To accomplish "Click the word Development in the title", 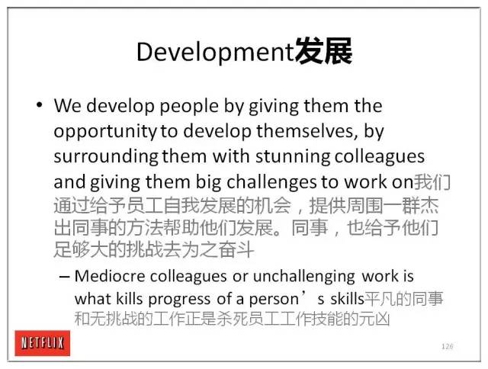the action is pyautogui.click(x=215, y=53).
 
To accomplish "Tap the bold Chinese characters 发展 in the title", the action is pyautogui.click(x=323, y=51).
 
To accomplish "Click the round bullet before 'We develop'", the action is pyautogui.click(x=39, y=105).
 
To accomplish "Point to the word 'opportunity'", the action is pyautogui.click(x=105, y=132).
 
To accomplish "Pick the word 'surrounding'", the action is pyautogui.click(x=106, y=157).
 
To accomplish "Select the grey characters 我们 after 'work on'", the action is pyautogui.click(x=432, y=182).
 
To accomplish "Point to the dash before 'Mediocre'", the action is pyautogui.click(x=64, y=277).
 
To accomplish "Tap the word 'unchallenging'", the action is pyautogui.click(x=303, y=277).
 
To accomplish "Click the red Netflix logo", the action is pyautogui.click(x=43, y=343).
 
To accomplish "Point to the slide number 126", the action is pyautogui.click(x=448, y=346).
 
